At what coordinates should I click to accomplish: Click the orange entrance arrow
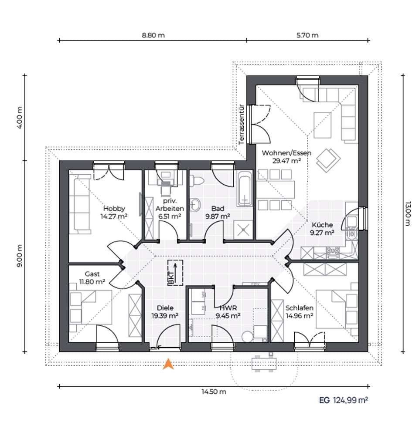click(x=168, y=364)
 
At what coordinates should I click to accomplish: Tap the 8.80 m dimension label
click(x=153, y=35)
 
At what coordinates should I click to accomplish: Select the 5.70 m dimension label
click(x=307, y=35)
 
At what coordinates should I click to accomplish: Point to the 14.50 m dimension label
click(x=214, y=392)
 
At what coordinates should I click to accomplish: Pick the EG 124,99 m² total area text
click(x=343, y=400)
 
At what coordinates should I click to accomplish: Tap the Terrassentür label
click(x=242, y=125)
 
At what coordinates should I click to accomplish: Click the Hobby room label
click(x=114, y=208)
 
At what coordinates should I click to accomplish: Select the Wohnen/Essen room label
click(x=286, y=153)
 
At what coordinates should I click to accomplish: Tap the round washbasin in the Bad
click(x=195, y=205)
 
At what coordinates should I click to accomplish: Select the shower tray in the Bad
click(x=243, y=229)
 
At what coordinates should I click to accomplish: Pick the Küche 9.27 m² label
click(x=322, y=229)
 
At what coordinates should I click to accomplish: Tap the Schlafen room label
click(x=300, y=308)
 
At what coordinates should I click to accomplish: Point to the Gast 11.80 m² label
click(x=92, y=278)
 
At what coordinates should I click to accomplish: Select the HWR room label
click(x=228, y=308)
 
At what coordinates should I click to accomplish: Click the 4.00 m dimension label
click(x=20, y=118)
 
